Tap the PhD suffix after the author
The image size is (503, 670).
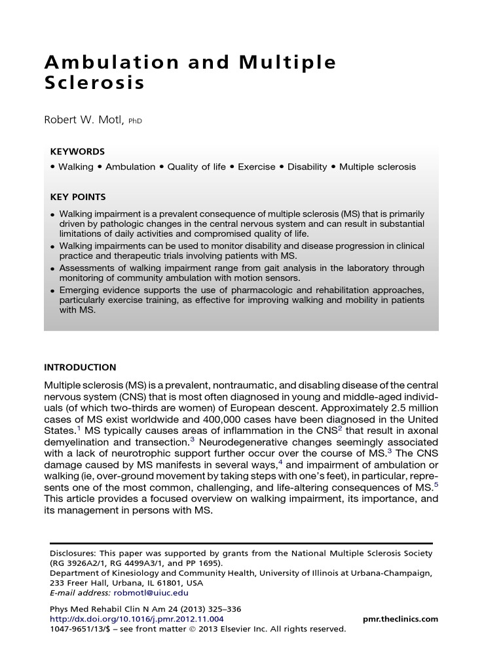tap(136, 122)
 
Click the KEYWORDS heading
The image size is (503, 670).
tap(77, 151)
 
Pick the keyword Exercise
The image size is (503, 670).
tap(256, 167)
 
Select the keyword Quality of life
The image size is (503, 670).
tap(196, 167)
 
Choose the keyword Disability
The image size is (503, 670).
tap(307, 167)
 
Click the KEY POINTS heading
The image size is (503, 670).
tap(78, 197)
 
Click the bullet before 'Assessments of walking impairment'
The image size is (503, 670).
tap(52, 269)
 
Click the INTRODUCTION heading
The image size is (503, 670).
tap(80, 368)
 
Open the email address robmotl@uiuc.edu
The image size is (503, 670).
tap(151, 593)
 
